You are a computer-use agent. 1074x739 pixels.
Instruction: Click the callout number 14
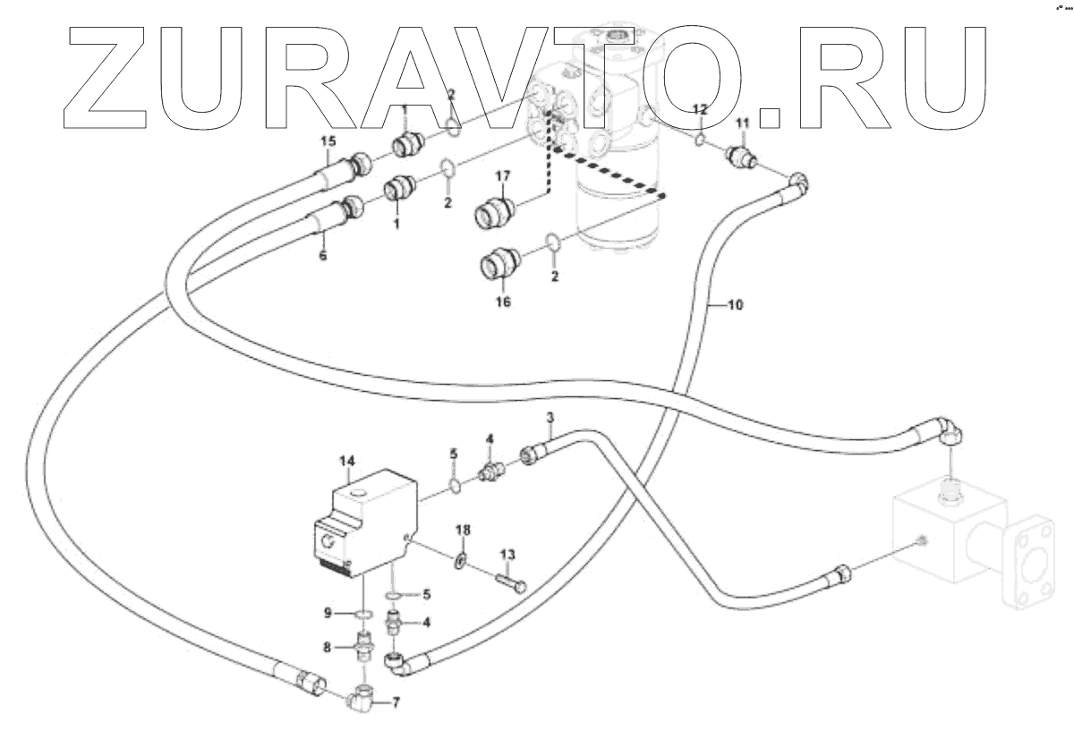coord(346,461)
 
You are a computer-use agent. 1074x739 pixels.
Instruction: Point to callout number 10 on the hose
coord(734,306)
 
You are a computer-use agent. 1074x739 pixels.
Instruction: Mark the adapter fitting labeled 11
coord(742,157)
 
